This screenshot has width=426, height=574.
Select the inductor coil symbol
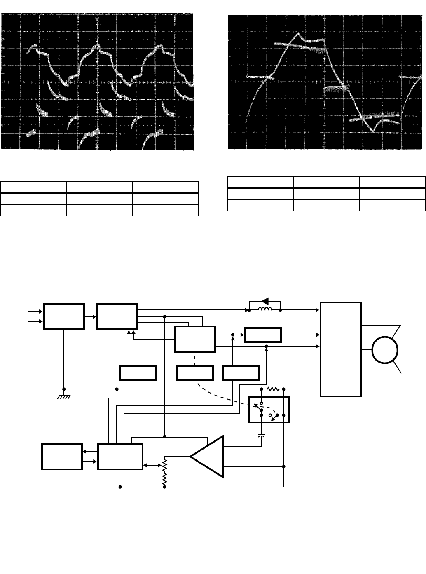click(x=265, y=309)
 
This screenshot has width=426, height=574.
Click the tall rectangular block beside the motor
click(x=341, y=349)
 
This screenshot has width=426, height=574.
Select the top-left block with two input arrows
click(x=64, y=316)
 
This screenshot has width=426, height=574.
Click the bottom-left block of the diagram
click(x=62, y=456)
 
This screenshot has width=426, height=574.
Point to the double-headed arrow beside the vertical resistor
click(x=152, y=465)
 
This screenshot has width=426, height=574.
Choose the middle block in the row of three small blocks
click(x=195, y=373)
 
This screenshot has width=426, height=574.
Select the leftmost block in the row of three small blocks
click(x=138, y=373)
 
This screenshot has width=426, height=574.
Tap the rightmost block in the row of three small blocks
click(x=241, y=373)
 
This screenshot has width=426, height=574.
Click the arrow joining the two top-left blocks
click(x=90, y=316)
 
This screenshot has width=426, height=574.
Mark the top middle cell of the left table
click(x=99, y=186)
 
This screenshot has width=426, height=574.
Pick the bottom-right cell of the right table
click(x=392, y=205)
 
